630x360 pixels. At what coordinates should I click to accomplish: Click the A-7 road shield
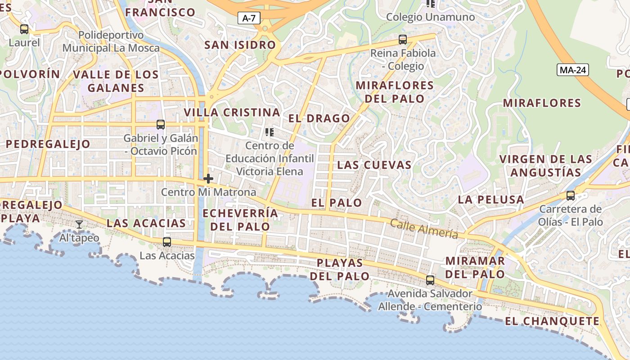tap(249, 18)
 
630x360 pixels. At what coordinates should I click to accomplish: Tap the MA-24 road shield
tap(572, 70)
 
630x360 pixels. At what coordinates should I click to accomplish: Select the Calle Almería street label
tap(424, 229)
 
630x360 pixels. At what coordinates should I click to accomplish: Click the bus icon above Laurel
tap(24, 29)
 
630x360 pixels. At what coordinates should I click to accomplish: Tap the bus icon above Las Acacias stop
tap(167, 242)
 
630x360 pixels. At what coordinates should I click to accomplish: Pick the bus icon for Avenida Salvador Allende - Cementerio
tap(430, 280)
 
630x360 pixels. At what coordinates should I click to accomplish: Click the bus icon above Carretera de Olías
tap(571, 196)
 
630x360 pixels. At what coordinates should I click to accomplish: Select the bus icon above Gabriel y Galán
tap(161, 125)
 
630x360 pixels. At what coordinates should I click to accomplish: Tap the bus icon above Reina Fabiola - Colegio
tap(403, 40)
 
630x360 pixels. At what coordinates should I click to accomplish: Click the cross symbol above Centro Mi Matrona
tap(208, 179)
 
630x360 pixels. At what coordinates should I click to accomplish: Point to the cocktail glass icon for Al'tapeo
tap(79, 224)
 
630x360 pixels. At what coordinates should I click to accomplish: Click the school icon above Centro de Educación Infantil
tap(270, 132)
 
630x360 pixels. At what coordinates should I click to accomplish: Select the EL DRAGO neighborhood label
tap(319, 118)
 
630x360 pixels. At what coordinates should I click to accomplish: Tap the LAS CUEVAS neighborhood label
tap(374, 165)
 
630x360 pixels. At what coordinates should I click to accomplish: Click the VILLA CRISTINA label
tap(232, 112)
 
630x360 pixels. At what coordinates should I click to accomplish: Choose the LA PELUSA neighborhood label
tap(491, 199)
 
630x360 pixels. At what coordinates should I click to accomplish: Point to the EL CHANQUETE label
tap(552, 321)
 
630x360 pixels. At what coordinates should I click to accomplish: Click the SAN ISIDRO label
tap(240, 45)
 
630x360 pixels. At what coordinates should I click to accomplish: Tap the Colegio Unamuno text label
tap(431, 17)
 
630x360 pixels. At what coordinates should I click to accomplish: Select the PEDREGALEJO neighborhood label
tap(48, 144)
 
